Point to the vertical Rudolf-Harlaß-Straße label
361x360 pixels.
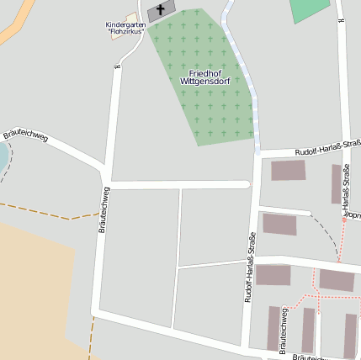tap(250, 267)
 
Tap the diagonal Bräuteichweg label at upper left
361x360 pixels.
tap(25, 134)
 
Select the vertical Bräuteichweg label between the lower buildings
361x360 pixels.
tap(284, 324)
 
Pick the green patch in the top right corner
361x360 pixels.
tap(310, 9)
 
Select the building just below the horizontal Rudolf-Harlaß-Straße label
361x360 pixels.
tap(289, 171)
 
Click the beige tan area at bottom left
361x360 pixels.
tap(34, 286)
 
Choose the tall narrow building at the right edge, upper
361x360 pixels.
tap(337, 183)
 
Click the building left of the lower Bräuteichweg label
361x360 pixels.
tap(273, 328)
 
